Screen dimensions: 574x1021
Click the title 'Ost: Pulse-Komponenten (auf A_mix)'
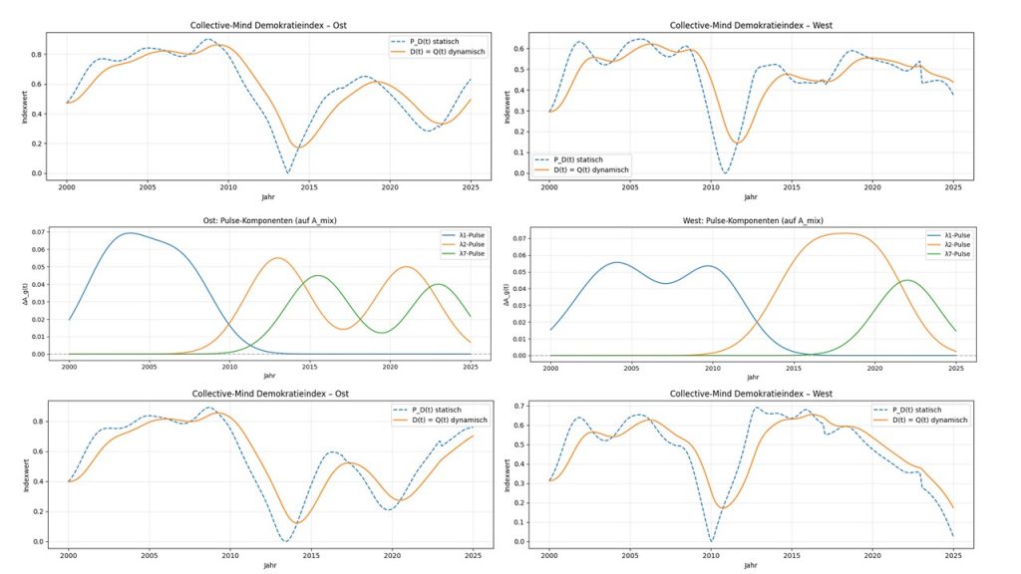268,218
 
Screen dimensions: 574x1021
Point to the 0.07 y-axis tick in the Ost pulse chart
37,232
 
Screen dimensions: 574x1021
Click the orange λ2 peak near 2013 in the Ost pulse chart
276,258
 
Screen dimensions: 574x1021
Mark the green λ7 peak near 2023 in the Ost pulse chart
438,284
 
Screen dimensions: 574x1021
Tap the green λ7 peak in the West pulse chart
906,280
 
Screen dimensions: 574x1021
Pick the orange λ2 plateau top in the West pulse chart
844,233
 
